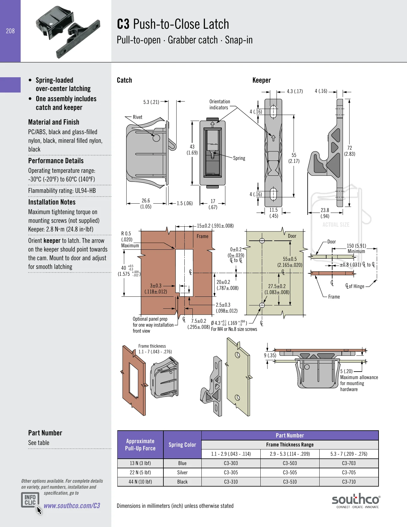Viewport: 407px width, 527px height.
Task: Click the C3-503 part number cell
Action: coord(290,463)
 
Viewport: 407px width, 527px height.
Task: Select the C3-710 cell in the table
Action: coord(349,482)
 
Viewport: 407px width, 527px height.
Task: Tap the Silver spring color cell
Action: coord(182,473)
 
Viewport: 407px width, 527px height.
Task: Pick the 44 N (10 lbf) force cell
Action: coord(140,482)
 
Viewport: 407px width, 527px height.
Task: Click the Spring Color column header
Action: coord(182,445)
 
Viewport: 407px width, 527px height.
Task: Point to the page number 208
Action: coord(10,31)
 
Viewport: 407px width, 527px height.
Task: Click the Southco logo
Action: coord(356,501)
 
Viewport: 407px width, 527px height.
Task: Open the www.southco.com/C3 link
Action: coord(72,506)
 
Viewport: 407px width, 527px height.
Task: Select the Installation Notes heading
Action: coord(52,202)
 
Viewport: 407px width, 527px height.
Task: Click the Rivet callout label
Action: coord(138,117)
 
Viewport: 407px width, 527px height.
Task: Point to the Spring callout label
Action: coord(239,158)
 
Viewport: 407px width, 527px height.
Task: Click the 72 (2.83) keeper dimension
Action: coord(350,151)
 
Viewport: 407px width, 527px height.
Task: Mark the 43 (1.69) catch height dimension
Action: coord(192,150)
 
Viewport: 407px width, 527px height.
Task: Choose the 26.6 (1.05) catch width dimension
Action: coord(146,204)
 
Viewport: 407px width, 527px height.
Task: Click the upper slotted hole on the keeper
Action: coord(273,112)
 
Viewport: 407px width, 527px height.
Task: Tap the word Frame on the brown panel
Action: coord(203,236)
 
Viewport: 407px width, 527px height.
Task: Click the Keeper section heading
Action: coord(262,80)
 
